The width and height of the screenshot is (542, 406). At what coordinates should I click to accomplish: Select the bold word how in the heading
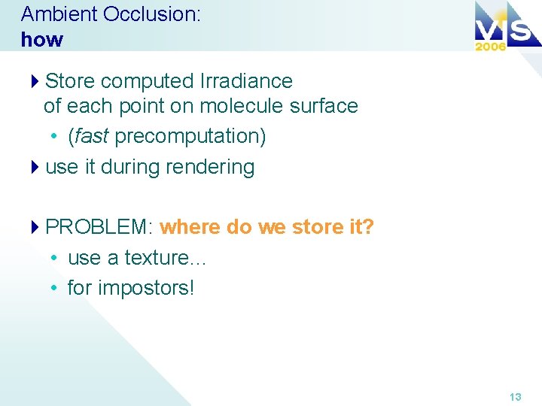click(x=42, y=39)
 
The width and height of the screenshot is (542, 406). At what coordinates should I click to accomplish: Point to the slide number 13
click(x=515, y=396)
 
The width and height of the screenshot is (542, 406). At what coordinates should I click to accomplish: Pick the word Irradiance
click(x=246, y=80)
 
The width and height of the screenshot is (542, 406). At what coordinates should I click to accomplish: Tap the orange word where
click(x=190, y=227)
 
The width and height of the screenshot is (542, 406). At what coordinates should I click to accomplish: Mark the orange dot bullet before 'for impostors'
click(x=55, y=289)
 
